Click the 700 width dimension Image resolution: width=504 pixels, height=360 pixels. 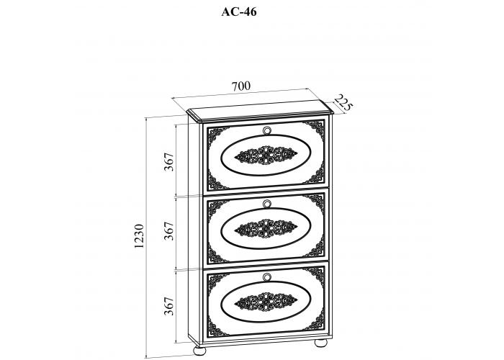point(240,86)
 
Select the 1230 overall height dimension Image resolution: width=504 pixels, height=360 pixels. point(140,235)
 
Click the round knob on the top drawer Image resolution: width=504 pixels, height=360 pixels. point(267,130)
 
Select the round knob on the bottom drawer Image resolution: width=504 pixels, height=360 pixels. point(267,277)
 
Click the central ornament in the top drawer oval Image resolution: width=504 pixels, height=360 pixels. point(264,156)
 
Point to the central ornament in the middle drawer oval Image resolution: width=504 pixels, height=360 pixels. point(264,229)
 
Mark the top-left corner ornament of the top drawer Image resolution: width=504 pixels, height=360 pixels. point(214,132)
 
